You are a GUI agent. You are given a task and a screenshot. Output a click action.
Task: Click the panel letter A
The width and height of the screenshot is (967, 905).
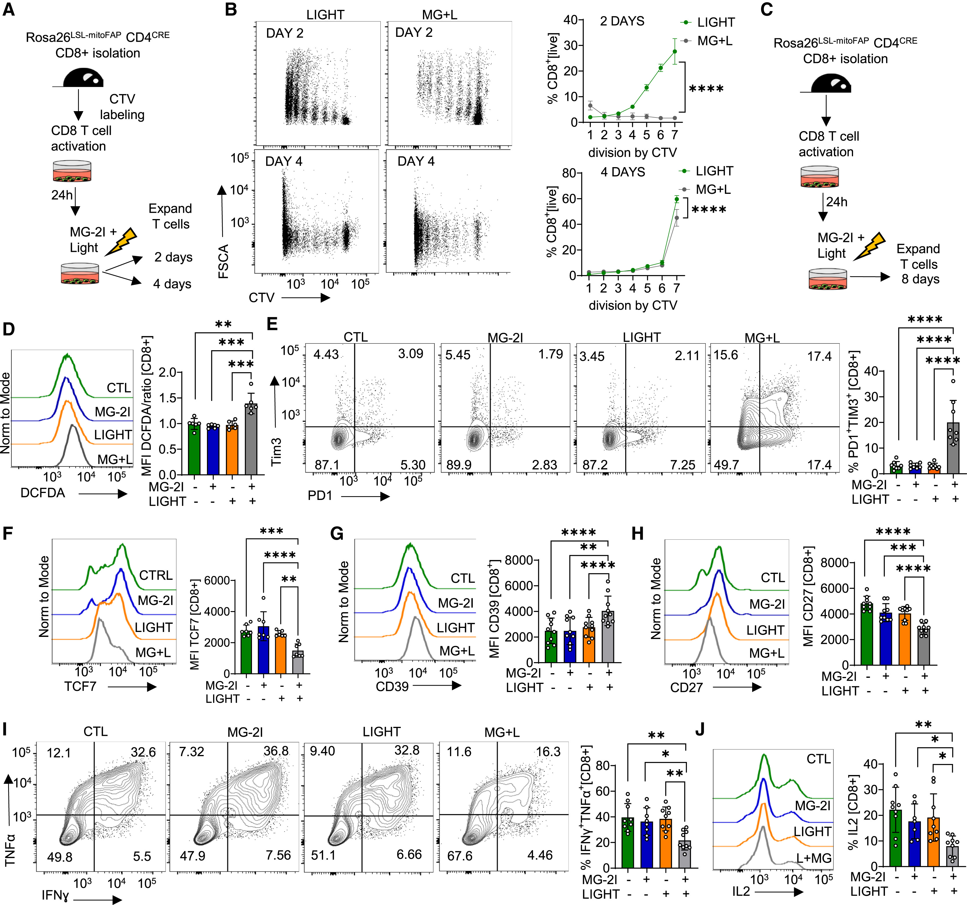point(9,10)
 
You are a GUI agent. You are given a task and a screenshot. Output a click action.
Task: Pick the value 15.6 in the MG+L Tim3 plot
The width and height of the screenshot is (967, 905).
point(726,355)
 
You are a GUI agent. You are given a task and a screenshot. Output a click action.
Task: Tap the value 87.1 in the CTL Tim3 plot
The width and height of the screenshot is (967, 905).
point(327,465)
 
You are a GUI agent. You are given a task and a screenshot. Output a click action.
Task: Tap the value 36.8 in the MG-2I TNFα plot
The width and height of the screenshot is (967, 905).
point(276,751)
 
